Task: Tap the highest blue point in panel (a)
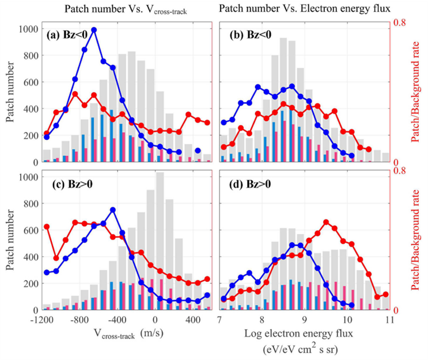(x=94, y=30)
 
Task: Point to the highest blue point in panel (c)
(x=112, y=210)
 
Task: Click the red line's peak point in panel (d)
(x=326, y=222)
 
